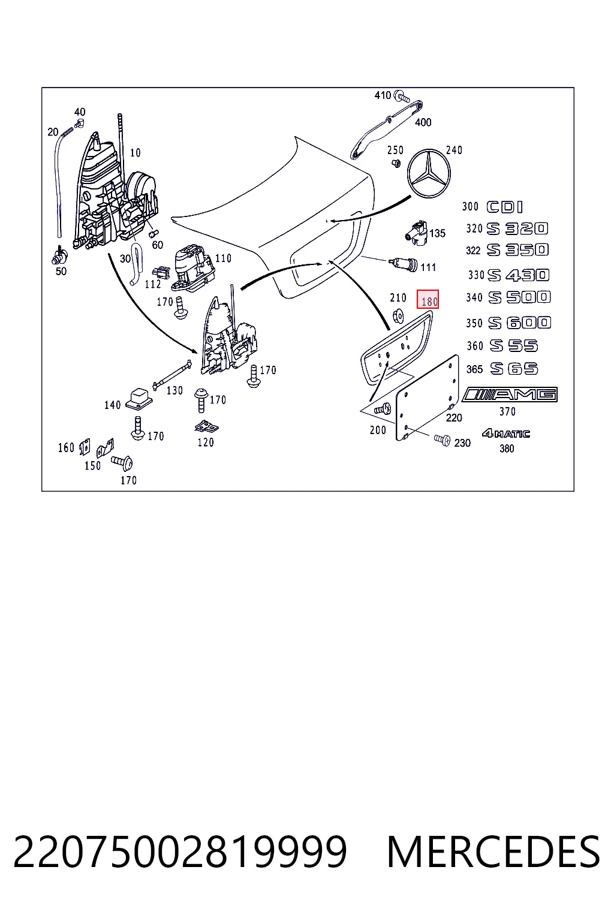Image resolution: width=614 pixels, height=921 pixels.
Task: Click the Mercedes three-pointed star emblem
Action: click(429, 174)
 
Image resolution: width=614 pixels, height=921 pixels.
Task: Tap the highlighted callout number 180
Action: click(428, 299)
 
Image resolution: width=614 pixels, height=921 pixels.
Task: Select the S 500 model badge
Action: click(519, 297)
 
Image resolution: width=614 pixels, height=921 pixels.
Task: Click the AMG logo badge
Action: click(510, 395)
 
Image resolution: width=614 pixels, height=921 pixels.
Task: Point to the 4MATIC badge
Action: click(506, 434)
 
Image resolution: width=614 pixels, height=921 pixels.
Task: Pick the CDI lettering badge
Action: click(505, 207)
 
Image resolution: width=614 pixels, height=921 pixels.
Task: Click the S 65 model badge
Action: click(514, 369)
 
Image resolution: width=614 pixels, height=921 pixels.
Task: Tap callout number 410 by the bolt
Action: click(383, 95)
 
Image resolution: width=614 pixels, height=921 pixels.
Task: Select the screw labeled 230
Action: click(443, 440)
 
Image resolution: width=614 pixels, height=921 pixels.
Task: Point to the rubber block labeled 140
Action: click(139, 399)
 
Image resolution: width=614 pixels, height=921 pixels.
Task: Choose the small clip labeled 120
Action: click(206, 427)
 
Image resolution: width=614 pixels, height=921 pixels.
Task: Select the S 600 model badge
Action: click(519, 323)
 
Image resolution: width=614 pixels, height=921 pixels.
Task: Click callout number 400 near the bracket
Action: click(423, 122)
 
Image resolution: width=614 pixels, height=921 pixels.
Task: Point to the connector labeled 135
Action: click(416, 233)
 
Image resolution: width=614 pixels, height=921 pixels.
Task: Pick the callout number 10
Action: click(136, 153)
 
